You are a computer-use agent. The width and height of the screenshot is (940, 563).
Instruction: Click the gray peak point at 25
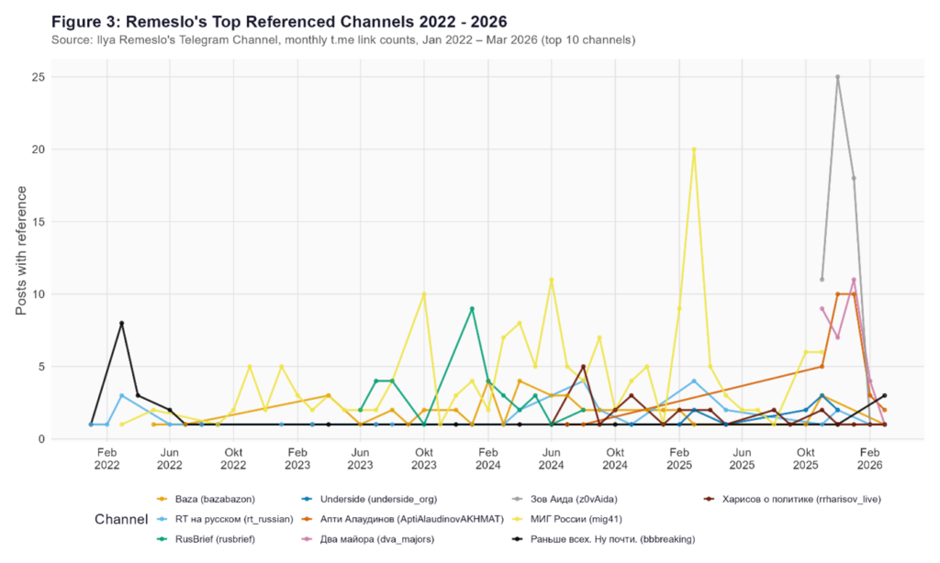click(837, 77)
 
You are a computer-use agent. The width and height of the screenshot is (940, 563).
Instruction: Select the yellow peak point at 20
click(694, 149)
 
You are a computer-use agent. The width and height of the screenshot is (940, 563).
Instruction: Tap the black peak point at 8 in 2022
click(121, 323)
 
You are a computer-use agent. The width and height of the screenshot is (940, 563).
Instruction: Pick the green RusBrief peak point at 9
click(472, 309)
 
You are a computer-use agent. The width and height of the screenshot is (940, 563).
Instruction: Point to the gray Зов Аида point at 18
click(854, 178)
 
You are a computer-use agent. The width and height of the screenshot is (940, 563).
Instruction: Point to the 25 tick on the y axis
click(38, 77)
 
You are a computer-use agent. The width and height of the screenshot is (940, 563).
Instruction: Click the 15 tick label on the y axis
click(38, 222)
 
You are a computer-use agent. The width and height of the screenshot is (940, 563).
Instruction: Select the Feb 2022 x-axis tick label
click(106, 458)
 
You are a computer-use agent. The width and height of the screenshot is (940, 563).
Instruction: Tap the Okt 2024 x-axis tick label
click(615, 458)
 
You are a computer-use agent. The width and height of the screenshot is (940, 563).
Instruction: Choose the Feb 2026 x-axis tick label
click(869, 458)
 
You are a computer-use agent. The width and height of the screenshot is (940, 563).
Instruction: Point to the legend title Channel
click(121, 520)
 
